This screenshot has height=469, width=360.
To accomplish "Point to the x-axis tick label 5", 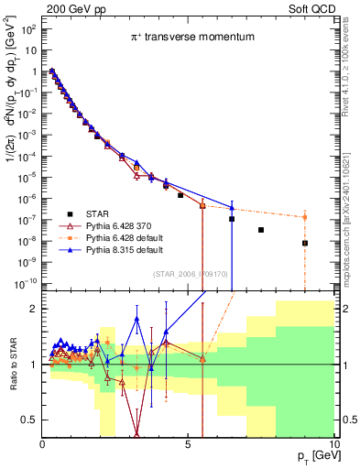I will (x=188, y=444).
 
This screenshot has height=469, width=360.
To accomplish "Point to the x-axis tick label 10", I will (x=333, y=444).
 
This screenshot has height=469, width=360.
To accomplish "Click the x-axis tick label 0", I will (x=42, y=444).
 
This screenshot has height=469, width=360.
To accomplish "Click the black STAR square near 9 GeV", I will (x=305, y=243).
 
